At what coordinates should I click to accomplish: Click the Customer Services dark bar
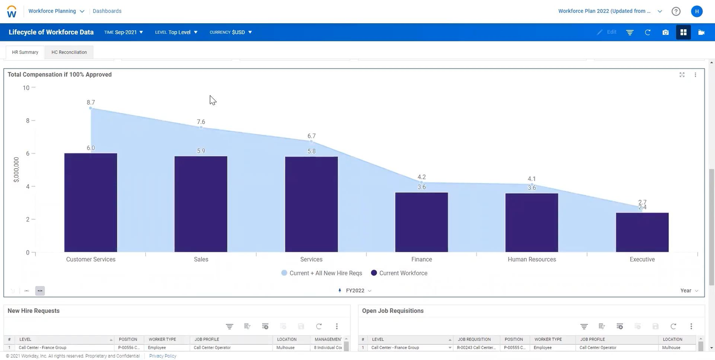tap(91, 203)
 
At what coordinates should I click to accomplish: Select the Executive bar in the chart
tap(642, 232)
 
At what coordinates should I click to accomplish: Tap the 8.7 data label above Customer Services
tap(91, 103)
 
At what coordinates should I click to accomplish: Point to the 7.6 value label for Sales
tap(201, 122)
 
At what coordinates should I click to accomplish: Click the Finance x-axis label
tap(421, 259)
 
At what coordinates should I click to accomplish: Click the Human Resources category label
tap(531, 259)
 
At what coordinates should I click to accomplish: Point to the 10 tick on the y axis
tap(26, 88)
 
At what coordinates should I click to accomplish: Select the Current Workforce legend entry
tap(399, 273)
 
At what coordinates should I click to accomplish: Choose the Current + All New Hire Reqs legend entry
tap(322, 273)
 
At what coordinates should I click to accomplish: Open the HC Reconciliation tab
tap(69, 52)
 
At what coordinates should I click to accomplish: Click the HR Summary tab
tap(25, 52)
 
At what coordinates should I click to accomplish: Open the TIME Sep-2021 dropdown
tap(123, 32)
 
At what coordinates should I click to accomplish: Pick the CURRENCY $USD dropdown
tap(231, 32)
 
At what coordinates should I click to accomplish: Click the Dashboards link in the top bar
tap(107, 11)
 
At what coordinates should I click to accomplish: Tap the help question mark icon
tap(676, 11)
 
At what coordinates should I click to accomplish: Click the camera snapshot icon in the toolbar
tap(665, 32)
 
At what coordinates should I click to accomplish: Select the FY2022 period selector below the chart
tap(355, 290)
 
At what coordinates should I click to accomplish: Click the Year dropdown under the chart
tap(689, 290)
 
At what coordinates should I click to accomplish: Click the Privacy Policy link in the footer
tap(163, 356)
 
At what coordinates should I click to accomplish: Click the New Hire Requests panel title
tap(33, 311)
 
